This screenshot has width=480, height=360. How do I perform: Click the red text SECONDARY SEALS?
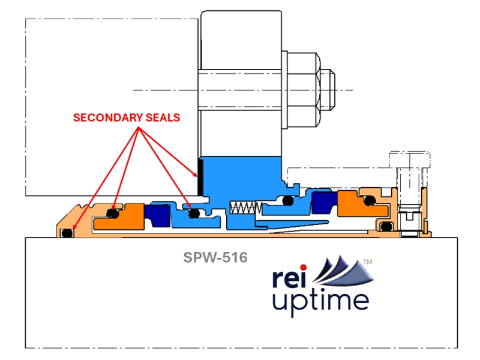[x=126, y=118]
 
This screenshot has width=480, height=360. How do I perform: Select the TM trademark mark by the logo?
[x=368, y=262]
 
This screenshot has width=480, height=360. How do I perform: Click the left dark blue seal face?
[x=160, y=214]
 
